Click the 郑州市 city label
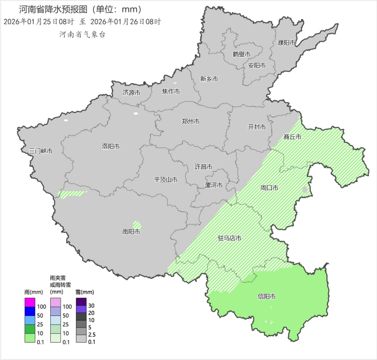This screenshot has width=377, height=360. [x=190, y=121]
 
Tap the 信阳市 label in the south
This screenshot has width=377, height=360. [x=266, y=296]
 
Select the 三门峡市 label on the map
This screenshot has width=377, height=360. [x=41, y=151]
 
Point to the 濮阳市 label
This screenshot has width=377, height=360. [x=286, y=43]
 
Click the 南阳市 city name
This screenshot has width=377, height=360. [x=131, y=232]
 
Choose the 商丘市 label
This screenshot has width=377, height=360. [x=292, y=137]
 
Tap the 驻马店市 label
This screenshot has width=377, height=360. [x=230, y=238]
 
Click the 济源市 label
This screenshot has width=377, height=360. [x=131, y=92]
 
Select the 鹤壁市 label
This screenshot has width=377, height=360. [x=241, y=54]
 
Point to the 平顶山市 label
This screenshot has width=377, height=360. [x=166, y=180]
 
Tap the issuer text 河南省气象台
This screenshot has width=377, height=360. [x=82, y=35]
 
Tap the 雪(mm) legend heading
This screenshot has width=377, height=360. [x=84, y=292]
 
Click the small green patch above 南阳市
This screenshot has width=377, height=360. [x=137, y=225]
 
